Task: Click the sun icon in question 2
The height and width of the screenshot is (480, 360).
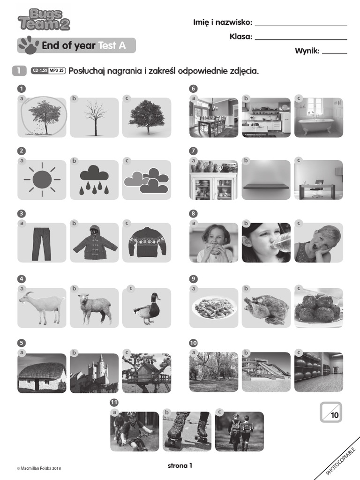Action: tap(42, 180)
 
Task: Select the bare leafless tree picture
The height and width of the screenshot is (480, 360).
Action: tap(94, 118)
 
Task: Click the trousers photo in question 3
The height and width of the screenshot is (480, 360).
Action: tap(42, 243)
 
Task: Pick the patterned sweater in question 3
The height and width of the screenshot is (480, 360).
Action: tap(147, 242)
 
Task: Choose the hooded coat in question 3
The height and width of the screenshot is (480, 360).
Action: tap(94, 243)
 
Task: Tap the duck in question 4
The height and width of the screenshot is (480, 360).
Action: tap(147, 307)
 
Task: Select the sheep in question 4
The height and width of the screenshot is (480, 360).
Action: tap(94, 307)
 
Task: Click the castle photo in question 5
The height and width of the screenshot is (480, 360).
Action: tap(94, 373)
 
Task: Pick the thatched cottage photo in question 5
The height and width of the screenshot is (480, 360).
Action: tap(42, 373)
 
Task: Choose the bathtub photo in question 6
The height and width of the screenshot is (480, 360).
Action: tap(319, 118)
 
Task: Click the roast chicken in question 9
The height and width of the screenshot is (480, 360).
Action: tap(266, 307)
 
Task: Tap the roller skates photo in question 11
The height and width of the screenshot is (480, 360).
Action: tap(187, 431)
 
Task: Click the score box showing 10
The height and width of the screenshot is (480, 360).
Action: tap(331, 412)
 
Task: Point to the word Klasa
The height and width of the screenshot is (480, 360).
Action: tap(241, 37)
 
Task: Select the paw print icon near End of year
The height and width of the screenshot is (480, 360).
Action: tap(27, 45)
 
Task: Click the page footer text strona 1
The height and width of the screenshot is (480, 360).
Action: tap(180, 465)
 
